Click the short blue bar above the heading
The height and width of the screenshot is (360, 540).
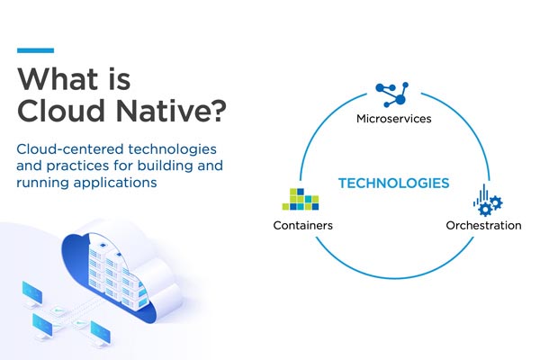click(x=35, y=50)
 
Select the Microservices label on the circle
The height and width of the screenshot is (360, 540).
click(x=394, y=118)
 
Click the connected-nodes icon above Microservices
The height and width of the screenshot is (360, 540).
click(x=393, y=94)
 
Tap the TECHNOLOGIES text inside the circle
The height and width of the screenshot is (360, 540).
click(x=393, y=184)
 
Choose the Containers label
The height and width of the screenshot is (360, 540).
click(x=302, y=225)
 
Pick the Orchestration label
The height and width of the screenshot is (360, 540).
click(x=483, y=225)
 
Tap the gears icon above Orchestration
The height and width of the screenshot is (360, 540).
click(x=485, y=201)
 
